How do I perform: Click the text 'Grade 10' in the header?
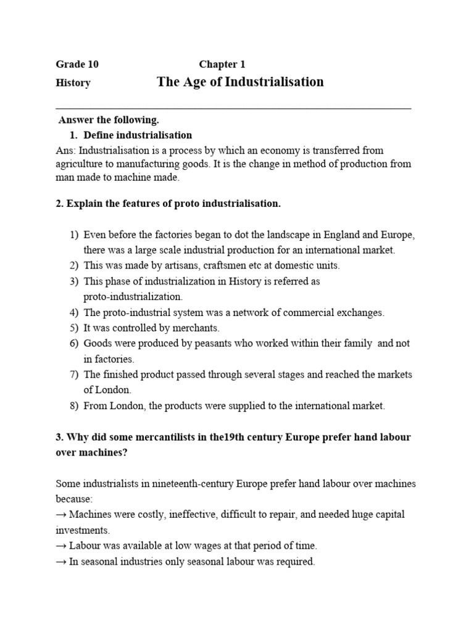click(x=77, y=64)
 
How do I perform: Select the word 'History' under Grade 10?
click(x=73, y=83)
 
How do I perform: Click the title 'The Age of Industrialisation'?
click(x=240, y=82)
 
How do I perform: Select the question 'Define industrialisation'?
click(x=138, y=135)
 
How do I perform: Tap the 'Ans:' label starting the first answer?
click(x=66, y=150)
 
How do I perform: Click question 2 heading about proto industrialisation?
click(x=168, y=204)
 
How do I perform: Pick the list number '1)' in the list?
click(x=74, y=235)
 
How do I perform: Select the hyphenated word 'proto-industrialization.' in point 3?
click(x=133, y=297)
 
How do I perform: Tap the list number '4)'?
click(x=74, y=312)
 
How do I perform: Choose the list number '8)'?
click(x=74, y=405)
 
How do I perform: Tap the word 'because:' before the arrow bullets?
click(x=73, y=499)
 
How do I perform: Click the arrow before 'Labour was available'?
click(x=61, y=546)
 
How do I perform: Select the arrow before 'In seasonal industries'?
click(x=61, y=562)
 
